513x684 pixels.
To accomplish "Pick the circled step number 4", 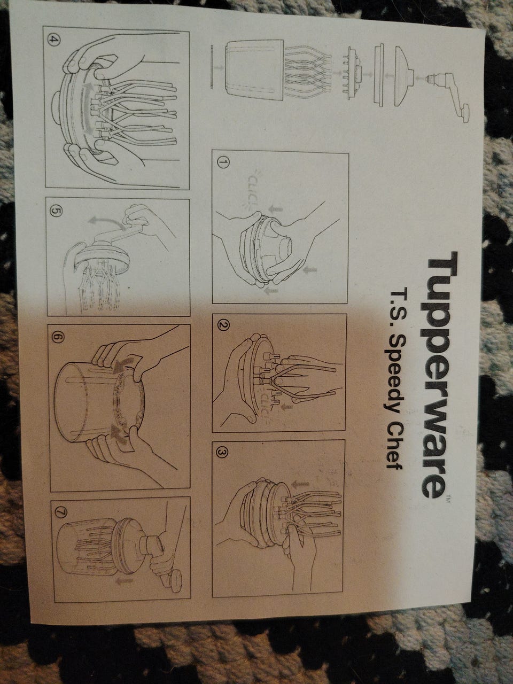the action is click(x=53, y=40).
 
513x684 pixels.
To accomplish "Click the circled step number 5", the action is click(x=55, y=211).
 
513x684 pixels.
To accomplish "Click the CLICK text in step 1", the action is click(x=253, y=190).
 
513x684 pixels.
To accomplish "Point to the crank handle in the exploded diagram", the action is click(x=448, y=94).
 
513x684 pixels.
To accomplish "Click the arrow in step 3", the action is click(x=301, y=484).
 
